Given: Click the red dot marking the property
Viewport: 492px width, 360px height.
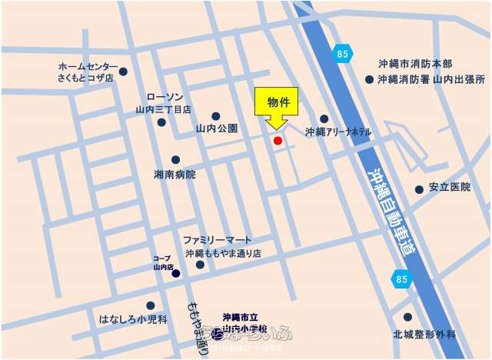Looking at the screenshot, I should point(278,141).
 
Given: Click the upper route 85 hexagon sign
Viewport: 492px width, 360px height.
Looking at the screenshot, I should point(342,53).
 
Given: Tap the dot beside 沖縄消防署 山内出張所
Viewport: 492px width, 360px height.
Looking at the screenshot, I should point(370,79).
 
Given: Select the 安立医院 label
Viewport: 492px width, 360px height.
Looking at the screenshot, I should point(450,188).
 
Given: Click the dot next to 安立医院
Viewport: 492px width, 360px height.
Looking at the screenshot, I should point(419,189).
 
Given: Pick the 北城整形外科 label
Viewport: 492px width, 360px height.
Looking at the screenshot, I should point(424,335).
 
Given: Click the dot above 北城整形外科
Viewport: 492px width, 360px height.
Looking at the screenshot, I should point(407,316).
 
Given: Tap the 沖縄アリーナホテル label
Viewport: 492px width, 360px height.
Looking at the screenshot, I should point(338,132).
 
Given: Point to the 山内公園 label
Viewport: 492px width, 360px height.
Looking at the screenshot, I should point(217,128).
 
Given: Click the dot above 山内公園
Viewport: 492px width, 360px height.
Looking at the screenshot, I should point(216,116).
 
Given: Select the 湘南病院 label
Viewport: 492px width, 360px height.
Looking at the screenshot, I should point(175,175).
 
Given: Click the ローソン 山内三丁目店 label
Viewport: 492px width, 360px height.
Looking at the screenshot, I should point(164,103).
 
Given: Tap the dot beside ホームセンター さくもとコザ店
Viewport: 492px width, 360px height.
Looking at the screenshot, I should point(123,72).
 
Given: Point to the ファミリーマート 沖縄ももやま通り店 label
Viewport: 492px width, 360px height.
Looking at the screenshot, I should point(223,246).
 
